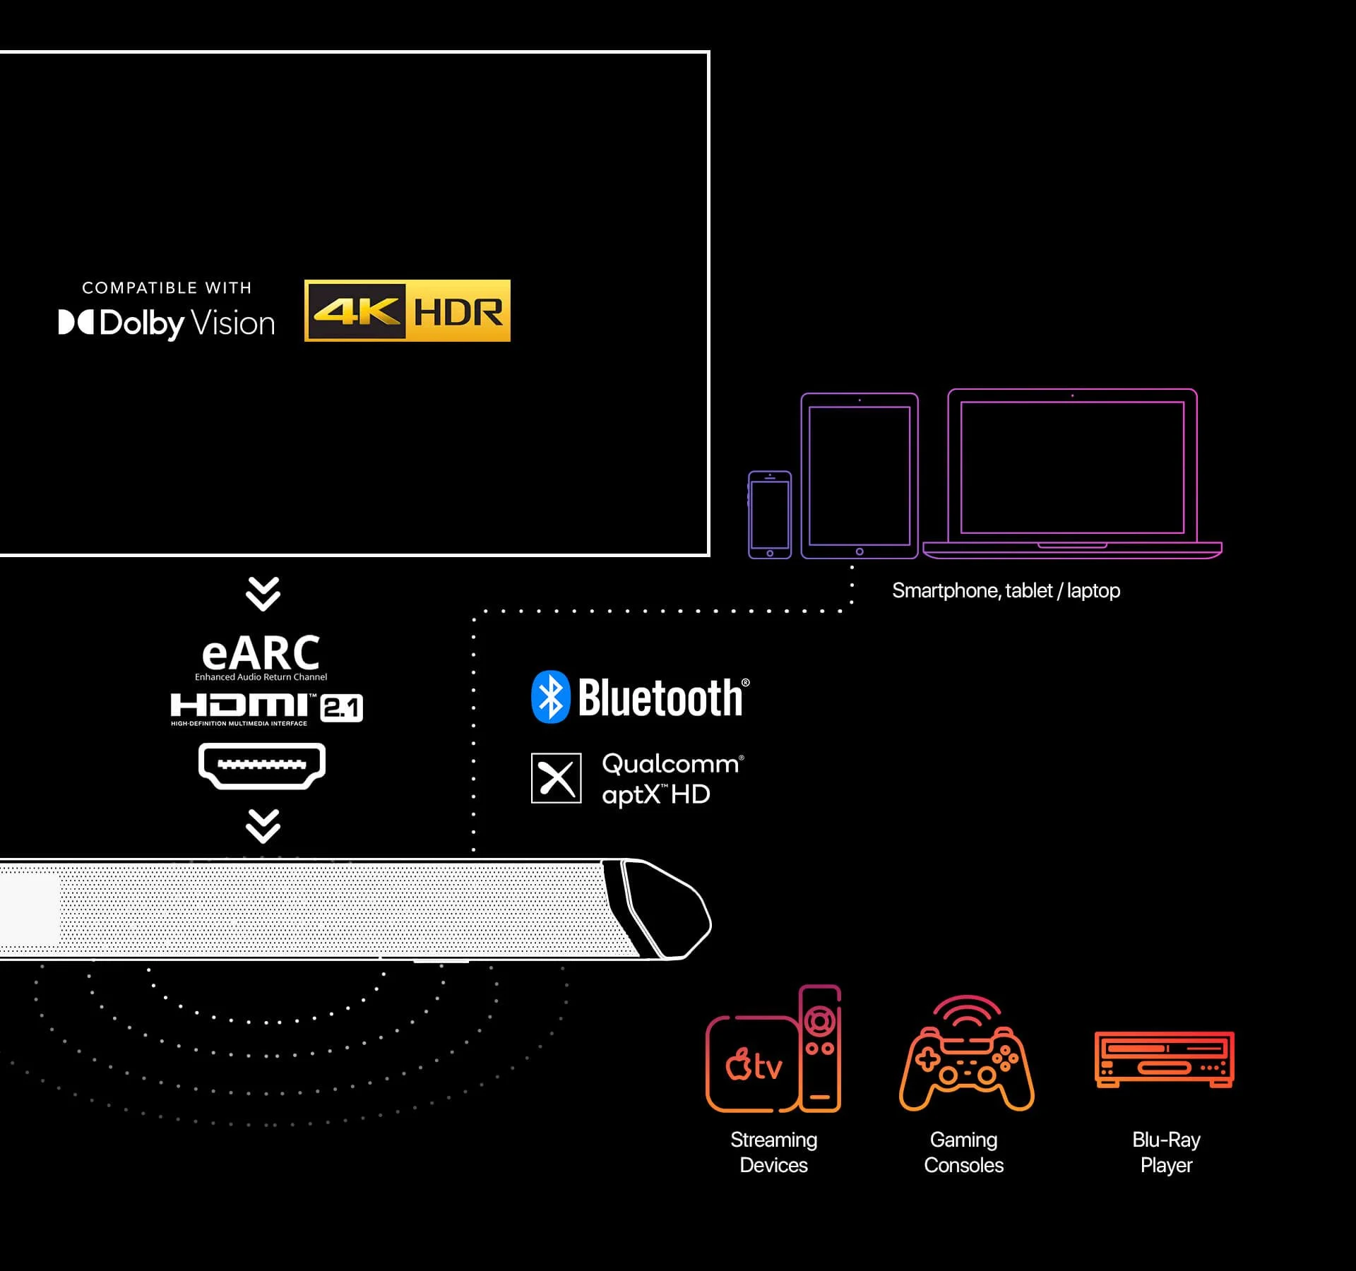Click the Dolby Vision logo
point(167,323)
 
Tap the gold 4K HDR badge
point(408,311)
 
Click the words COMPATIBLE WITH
point(167,287)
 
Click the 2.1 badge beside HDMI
point(342,708)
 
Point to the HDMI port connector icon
point(262,765)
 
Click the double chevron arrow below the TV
point(263,594)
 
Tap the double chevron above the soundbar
point(263,825)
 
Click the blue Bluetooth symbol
point(550,697)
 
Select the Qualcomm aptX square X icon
point(557,778)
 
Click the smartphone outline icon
point(770,515)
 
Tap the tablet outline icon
point(860,476)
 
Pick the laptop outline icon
point(1072,474)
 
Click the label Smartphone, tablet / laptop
point(1006,590)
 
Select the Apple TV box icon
point(753,1065)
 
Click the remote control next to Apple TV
point(820,1048)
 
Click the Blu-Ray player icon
point(1165,1059)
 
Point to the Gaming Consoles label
point(963,1152)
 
